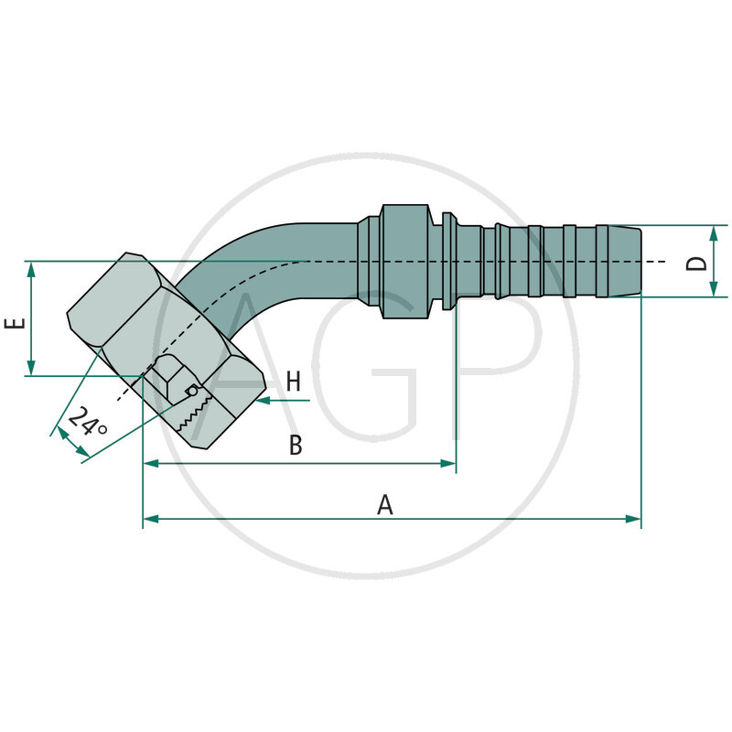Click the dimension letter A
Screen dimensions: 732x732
385,503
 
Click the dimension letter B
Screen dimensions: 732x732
296,446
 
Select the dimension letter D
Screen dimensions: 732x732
697,263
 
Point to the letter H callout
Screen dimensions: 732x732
293,382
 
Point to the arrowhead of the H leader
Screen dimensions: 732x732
263,401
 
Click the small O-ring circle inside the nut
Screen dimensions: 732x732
193,391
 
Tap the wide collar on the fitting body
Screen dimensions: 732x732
403,262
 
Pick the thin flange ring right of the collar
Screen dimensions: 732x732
448,262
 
